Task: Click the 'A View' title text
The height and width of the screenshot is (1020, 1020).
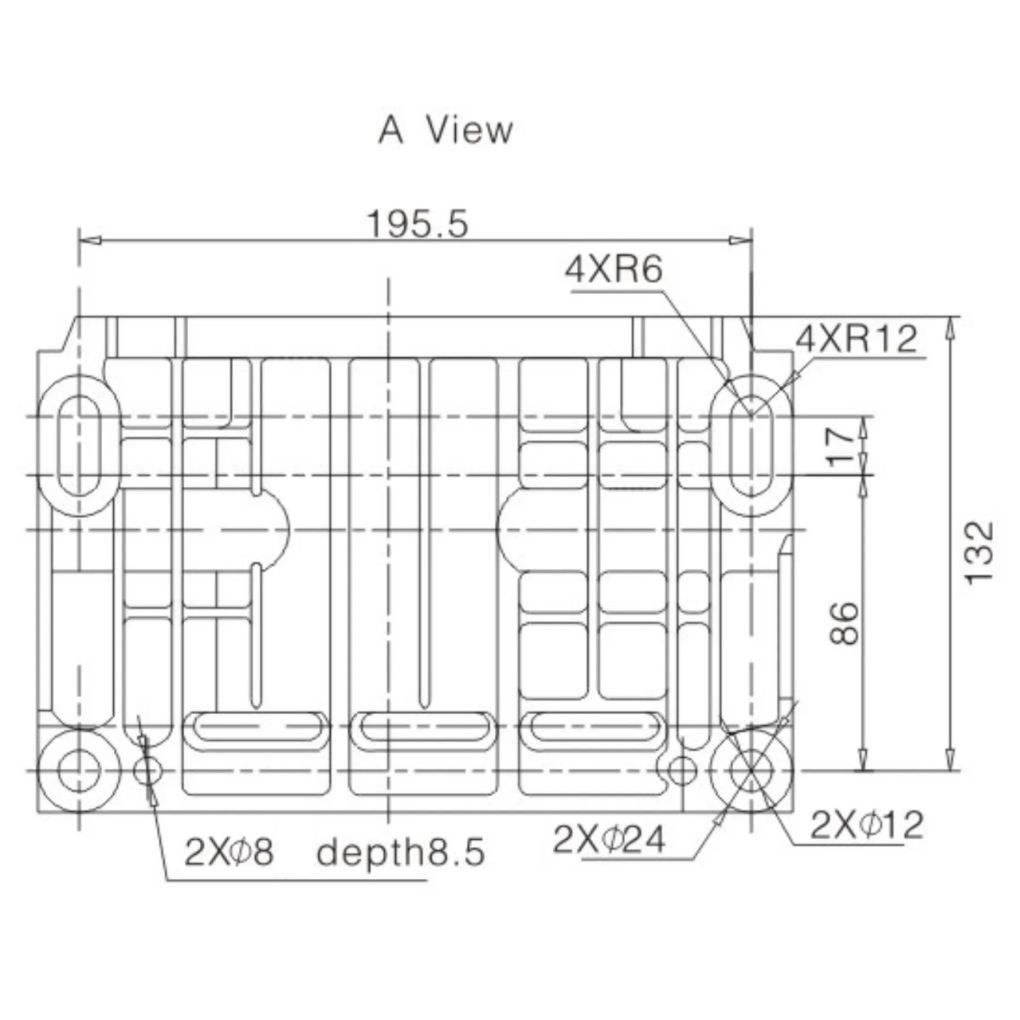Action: (x=445, y=130)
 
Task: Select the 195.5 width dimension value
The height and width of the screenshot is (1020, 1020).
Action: (x=418, y=223)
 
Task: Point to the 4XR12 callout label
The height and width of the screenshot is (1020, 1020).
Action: (x=857, y=339)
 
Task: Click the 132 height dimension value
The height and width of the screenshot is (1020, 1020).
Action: (x=979, y=553)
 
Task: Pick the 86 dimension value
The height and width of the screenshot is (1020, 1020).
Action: (x=842, y=623)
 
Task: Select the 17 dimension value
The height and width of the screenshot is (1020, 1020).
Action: (x=840, y=447)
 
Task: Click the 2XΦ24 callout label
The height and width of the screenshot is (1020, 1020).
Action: (x=609, y=839)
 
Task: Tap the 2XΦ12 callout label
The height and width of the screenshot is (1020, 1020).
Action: (x=866, y=825)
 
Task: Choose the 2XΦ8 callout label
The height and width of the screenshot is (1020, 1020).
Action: (x=229, y=852)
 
